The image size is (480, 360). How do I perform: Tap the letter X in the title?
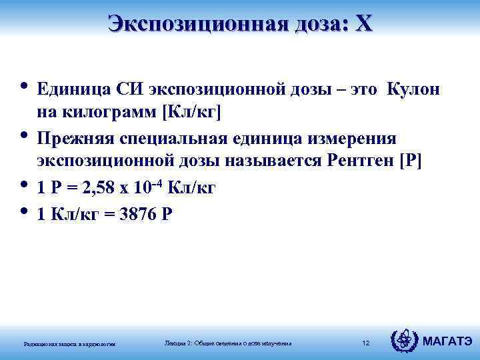click(x=364, y=24)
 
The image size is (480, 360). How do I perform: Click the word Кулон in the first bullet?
click(x=411, y=89)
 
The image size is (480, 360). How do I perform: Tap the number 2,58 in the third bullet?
click(x=100, y=189)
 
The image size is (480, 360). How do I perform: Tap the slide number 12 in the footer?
click(x=365, y=343)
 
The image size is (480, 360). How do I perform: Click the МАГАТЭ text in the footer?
click(x=448, y=342)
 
